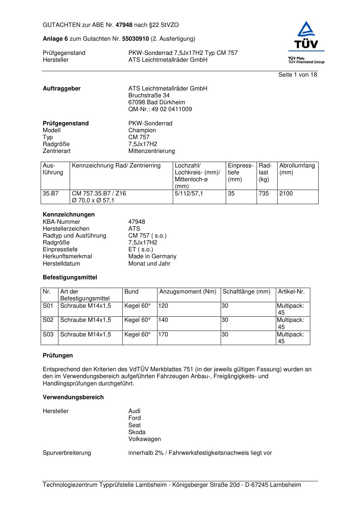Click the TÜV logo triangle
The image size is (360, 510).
[306, 29]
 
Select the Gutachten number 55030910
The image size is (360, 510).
[135, 39]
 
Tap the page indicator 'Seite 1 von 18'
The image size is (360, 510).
[298, 74]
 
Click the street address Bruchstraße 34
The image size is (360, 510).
[149, 96]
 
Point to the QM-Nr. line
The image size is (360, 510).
[160, 109]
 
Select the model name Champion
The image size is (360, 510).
[142, 130]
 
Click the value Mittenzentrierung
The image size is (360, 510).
[151, 151]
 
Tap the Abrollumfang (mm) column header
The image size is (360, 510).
[297, 169]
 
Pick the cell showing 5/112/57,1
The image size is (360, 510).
[189, 194]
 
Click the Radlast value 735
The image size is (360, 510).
[264, 194]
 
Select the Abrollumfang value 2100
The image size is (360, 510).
[286, 194]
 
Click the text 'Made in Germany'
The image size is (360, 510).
[152, 256]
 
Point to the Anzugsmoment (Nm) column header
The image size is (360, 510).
[188, 292]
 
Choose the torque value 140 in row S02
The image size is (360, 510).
[163, 320]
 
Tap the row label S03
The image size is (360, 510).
[48, 335]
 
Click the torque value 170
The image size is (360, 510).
[163, 335]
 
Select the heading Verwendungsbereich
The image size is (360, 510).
[73, 397]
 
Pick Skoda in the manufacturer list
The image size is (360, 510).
[137, 432]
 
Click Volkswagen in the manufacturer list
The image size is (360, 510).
[144, 439]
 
